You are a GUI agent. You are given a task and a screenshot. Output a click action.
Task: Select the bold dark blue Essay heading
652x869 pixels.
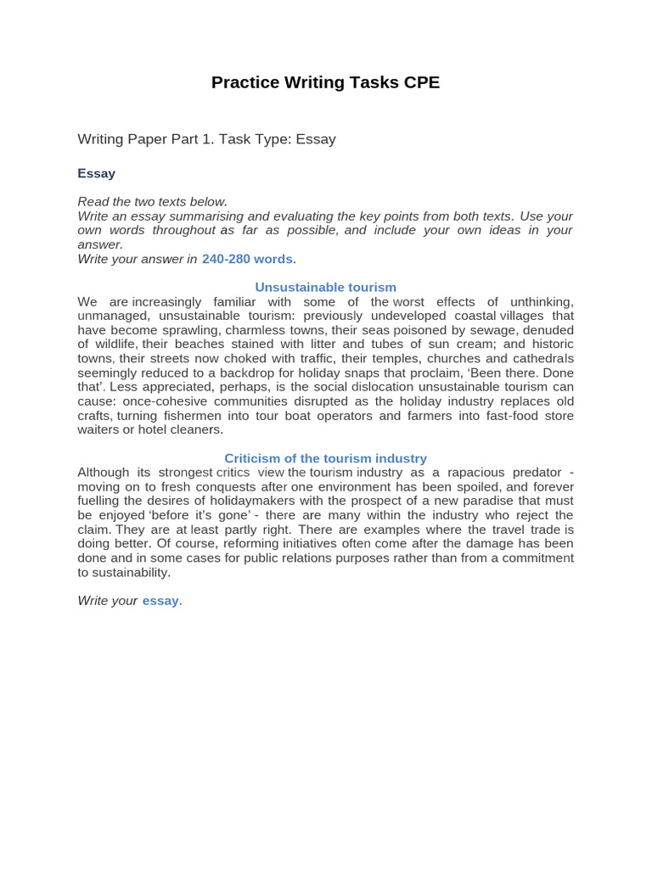pos(96,173)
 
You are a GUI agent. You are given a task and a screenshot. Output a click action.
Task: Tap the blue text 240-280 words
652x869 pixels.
pos(247,259)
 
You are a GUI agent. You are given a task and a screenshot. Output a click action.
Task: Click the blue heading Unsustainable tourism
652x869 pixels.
pos(325,288)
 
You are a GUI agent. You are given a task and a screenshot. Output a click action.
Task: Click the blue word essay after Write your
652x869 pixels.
pos(160,601)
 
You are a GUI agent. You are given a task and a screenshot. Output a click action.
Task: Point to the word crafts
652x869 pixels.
pos(94,416)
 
